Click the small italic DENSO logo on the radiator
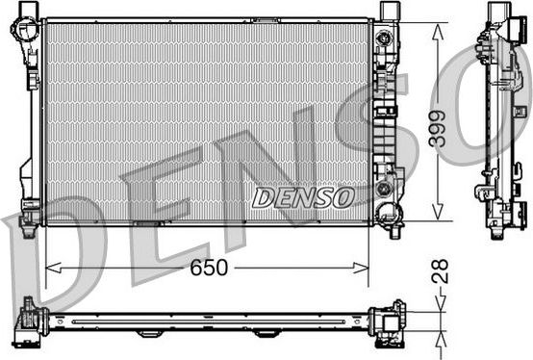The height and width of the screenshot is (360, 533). pyautogui.click(x=303, y=197)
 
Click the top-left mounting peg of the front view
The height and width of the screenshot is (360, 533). pyautogui.click(x=28, y=9)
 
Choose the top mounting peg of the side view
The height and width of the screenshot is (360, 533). pyautogui.click(x=498, y=12)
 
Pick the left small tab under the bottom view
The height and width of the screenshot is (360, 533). pyautogui.click(x=149, y=333)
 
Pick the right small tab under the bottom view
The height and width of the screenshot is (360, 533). pyautogui.click(x=266, y=333)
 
